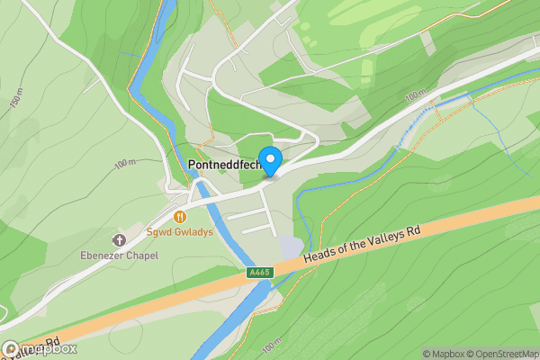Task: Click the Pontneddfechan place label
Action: [x=225, y=166]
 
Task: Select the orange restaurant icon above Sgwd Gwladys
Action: [x=180, y=216]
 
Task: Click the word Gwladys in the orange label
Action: [x=193, y=231]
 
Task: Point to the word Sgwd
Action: [x=158, y=231]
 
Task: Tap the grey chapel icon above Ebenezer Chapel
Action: [x=118, y=239]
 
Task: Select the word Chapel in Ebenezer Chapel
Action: [x=142, y=256]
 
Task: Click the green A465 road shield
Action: [x=258, y=272]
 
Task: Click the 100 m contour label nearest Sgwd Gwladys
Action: [x=126, y=162]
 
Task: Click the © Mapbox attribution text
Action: [x=446, y=354]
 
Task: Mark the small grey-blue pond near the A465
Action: [x=290, y=246]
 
